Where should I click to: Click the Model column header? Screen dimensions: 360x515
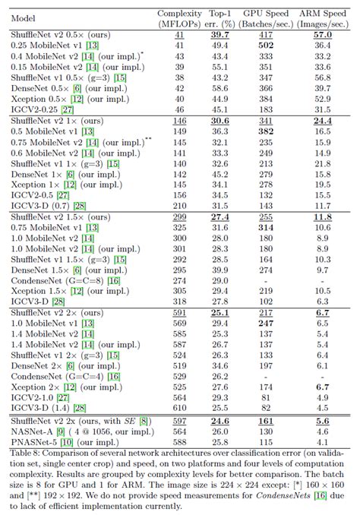click(23, 18)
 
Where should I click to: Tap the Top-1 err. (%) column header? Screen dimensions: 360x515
click(219, 19)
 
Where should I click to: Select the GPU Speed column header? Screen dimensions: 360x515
click(266, 19)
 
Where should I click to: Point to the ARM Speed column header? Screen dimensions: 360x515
click(323, 19)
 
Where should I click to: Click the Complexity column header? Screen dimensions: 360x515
click(179, 19)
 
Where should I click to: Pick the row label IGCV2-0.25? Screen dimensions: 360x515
click(43, 109)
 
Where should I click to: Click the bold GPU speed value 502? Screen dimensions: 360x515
click(266, 46)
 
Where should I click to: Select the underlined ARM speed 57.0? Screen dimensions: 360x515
click(323, 35)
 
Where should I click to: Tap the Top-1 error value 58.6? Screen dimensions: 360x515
click(219, 88)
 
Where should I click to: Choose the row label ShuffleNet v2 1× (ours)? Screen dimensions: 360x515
click(57, 121)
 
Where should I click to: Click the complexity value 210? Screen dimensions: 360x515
click(179, 206)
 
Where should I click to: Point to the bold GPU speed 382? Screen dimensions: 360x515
click(266, 131)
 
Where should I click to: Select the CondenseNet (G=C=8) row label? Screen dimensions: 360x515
click(65, 281)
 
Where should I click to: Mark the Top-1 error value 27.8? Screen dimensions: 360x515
click(219, 302)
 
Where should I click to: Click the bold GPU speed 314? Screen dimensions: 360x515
click(266, 228)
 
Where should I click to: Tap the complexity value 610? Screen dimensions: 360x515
click(179, 408)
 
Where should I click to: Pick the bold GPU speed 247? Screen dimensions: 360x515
click(266, 324)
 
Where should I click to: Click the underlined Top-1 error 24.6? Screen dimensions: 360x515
click(219, 421)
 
